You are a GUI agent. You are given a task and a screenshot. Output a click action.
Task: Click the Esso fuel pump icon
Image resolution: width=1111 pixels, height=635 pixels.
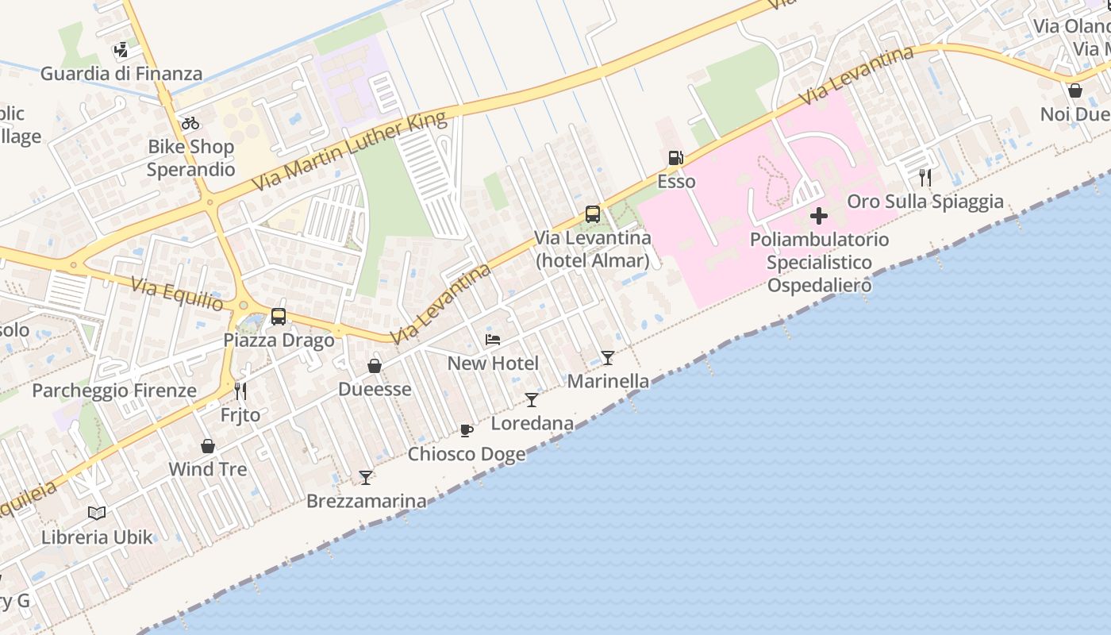(x=675, y=158)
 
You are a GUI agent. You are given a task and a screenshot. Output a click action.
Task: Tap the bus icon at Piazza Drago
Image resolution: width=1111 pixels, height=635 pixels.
(x=279, y=317)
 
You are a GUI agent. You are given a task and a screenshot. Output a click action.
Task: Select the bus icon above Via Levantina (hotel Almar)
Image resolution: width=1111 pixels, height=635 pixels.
(x=593, y=214)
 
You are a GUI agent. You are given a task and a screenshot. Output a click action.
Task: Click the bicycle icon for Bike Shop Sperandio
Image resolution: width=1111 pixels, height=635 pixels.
(x=190, y=123)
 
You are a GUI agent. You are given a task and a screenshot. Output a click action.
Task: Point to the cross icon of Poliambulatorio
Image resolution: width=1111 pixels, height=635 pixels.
(x=819, y=216)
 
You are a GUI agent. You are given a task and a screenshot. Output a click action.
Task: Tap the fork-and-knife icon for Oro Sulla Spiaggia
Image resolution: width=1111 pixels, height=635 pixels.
(x=925, y=177)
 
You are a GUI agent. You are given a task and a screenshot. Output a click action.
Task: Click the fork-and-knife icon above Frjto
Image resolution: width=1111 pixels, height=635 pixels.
(x=240, y=391)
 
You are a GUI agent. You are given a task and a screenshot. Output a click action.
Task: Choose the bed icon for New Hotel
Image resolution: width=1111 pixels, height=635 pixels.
(x=493, y=340)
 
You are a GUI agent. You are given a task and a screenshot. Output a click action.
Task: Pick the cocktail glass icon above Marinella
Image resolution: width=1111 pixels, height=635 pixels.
(x=608, y=358)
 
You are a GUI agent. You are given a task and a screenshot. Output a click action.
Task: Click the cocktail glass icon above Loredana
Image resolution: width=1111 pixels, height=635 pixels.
(x=532, y=400)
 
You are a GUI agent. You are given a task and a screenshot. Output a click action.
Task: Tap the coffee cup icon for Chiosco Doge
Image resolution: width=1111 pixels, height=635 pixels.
(x=467, y=430)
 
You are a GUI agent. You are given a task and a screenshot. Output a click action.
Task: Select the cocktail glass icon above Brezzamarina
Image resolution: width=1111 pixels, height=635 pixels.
(x=366, y=477)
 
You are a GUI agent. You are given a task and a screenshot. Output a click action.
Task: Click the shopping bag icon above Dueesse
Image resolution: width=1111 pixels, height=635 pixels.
(x=375, y=366)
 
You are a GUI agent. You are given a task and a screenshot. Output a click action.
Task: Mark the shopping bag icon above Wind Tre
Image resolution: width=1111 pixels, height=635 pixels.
(x=208, y=446)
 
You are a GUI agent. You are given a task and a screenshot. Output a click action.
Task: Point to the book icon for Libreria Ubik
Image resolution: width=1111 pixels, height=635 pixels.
(x=97, y=513)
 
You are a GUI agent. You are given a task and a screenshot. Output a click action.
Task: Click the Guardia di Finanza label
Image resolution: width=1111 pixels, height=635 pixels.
(x=121, y=74)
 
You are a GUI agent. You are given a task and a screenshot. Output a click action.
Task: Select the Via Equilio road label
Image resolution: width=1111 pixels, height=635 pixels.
(x=178, y=294)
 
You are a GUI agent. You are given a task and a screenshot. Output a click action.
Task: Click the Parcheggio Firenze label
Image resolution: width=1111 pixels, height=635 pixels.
(x=114, y=391)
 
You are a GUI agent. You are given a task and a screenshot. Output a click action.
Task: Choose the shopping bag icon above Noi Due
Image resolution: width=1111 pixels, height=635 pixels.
(x=1075, y=91)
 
